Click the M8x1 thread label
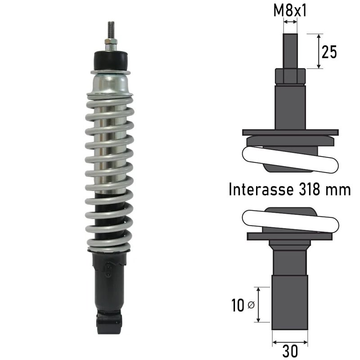(x=290, y=11)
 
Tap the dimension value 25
(x=329, y=53)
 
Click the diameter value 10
(x=238, y=306)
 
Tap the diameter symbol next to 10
(x=251, y=306)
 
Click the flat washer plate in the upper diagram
(x=290, y=132)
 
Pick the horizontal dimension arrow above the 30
(x=290, y=342)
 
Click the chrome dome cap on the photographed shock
(x=111, y=84)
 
